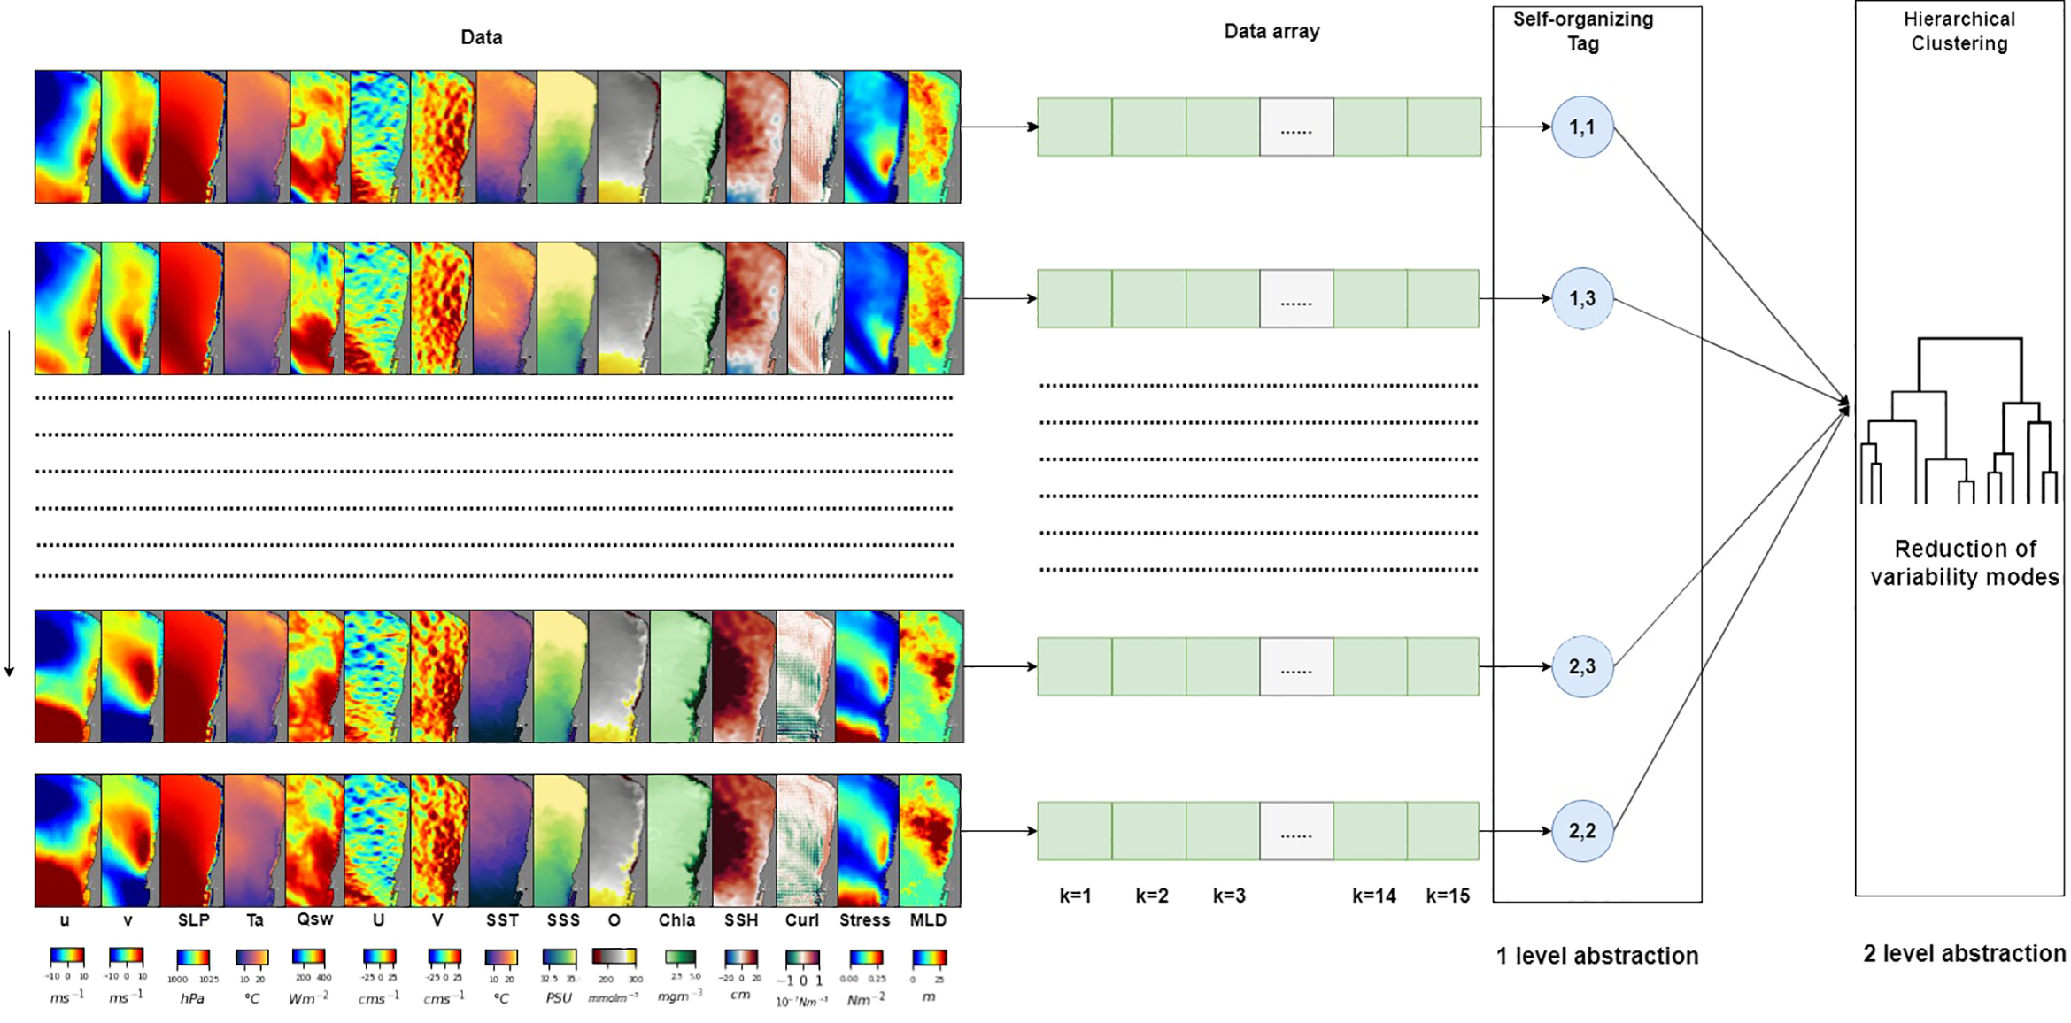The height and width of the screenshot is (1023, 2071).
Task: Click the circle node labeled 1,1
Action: point(1581,127)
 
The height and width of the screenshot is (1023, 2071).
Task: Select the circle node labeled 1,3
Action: point(1581,299)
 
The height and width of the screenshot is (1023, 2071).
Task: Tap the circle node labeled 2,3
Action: point(1581,666)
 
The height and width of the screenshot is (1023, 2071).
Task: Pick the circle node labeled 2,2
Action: point(1581,831)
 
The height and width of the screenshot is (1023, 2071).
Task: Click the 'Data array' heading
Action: point(1271,32)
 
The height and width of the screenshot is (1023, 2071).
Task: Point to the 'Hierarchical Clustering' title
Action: point(1959,31)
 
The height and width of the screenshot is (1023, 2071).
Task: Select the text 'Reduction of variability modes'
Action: point(1964,563)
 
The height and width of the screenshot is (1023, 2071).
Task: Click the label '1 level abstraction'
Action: point(1596,956)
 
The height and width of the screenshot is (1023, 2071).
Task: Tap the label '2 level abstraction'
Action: point(1964,954)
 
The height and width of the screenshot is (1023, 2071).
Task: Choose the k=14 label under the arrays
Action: point(1373,896)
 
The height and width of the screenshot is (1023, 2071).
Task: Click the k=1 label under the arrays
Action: point(1075,896)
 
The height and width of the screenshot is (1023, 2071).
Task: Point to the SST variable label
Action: point(502,920)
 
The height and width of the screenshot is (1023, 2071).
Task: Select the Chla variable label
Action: point(676,920)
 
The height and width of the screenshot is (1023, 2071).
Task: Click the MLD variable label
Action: point(928,920)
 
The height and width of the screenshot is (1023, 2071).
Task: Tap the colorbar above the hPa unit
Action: point(192,958)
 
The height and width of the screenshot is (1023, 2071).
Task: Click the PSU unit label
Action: point(559,998)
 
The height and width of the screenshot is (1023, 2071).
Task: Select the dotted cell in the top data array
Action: point(1296,127)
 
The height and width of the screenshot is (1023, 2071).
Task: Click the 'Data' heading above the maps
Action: point(481,37)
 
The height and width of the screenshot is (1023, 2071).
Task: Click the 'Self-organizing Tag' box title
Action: point(1582,31)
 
